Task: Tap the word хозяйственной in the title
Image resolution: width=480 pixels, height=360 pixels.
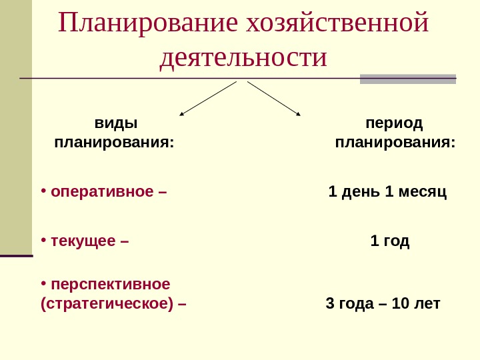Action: (337, 24)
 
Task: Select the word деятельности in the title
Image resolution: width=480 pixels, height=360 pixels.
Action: (244, 57)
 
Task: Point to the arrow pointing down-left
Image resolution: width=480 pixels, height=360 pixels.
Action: (207, 98)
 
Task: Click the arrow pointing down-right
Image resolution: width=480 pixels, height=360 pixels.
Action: (274, 98)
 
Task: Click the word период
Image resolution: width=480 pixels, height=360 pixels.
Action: (395, 123)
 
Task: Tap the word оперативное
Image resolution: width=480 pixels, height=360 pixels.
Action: (103, 193)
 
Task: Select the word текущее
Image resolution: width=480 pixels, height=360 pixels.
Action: (83, 241)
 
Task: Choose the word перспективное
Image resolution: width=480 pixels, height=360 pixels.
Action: (111, 284)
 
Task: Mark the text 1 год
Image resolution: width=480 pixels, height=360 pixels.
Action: (390, 241)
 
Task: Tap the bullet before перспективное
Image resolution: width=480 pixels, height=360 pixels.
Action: (43, 283)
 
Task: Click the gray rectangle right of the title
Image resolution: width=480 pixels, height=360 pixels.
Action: (407, 79)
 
